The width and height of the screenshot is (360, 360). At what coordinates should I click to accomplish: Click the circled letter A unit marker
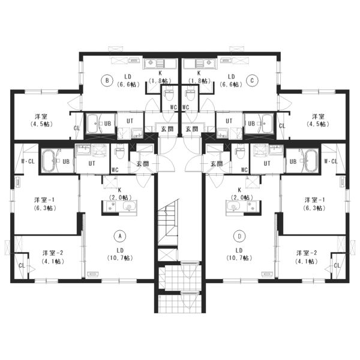pyautogui.click(x=120, y=236)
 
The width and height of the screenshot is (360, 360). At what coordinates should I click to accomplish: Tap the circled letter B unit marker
pyautogui.click(x=107, y=80)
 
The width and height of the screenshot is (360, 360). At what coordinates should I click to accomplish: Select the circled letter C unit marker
pyautogui.click(x=253, y=80)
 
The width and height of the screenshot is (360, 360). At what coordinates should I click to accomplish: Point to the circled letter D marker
pyautogui.click(x=239, y=236)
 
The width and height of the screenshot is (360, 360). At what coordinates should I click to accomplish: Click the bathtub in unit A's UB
pyautogui.click(x=50, y=161)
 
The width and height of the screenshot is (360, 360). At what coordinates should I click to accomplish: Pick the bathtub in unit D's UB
pyautogui.click(x=310, y=161)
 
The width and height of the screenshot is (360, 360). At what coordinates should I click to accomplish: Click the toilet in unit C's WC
pyautogui.click(x=191, y=95)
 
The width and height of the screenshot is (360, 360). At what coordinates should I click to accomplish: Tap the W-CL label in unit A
pyautogui.click(x=28, y=161)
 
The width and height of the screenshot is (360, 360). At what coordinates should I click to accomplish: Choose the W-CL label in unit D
pyautogui.click(x=331, y=161)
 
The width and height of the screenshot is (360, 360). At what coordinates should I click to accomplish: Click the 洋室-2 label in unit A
pyautogui.click(x=53, y=253)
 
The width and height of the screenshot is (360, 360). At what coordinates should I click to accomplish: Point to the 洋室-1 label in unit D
pyautogui.click(x=314, y=200)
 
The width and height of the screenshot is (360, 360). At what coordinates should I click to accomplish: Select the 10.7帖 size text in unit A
pyautogui.click(x=120, y=258)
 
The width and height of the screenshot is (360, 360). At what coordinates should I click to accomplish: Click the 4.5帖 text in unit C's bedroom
pyautogui.click(x=318, y=124)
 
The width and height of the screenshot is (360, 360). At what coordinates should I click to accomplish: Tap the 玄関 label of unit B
pyautogui.click(x=167, y=129)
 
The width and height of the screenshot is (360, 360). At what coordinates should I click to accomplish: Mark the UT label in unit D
pyautogui.click(x=267, y=163)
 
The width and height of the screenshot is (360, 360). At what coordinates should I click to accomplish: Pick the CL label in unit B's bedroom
pyautogui.click(x=77, y=128)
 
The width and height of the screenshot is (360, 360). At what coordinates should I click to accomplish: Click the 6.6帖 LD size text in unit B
pyautogui.click(x=128, y=85)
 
